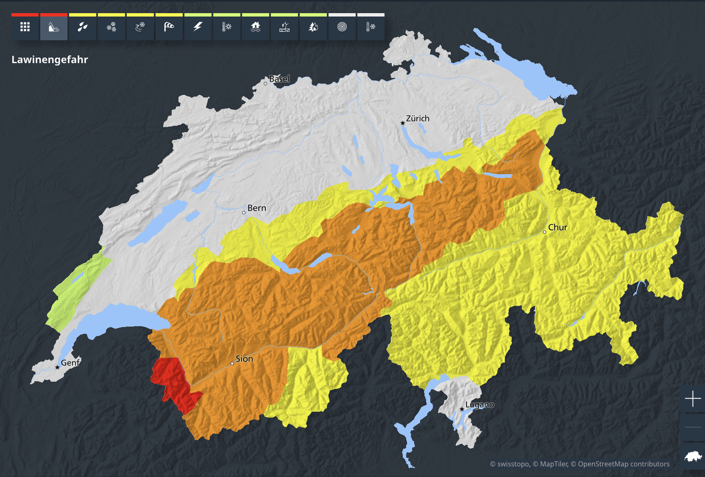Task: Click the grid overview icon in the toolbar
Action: click(x=25, y=27)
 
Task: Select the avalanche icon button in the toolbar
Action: click(x=54, y=27)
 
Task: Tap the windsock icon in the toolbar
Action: click(x=169, y=27)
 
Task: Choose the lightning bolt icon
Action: click(x=198, y=27)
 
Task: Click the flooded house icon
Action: click(x=256, y=27)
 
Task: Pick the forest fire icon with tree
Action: click(x=313, y=27)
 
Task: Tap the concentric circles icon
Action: click(x=342, y=27)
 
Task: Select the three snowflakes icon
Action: click(x=112, y=27)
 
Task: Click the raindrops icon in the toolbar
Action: click(x=83, y=27)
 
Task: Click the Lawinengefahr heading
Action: click(x=50, y=60)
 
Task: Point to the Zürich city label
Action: click(x=418, y=118)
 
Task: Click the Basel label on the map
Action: click(x=279, y=79)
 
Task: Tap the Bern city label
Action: click(x=257, y=208)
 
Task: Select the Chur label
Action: click(x=558, y=227)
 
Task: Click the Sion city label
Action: click(x=244, y=359)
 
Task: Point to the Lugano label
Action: click(x=480, y=405)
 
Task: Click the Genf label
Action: click(x=70, y=363)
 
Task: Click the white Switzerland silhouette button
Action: click(x=693, y=456)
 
